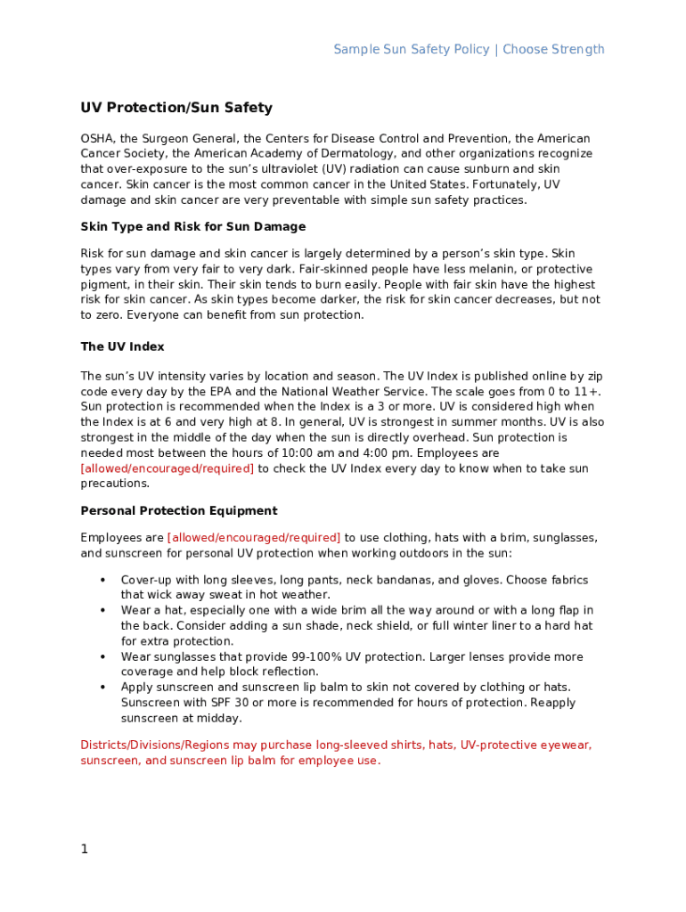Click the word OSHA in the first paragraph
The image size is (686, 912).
pyautogui.click(x=97, y=139)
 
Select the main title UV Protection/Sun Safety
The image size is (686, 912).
pyautogui.click(x=176, y=108)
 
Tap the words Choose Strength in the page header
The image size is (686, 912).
pyautogui.click(x=553, y=50)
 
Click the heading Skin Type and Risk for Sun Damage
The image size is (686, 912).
pyautogui.click(x=193, y=227)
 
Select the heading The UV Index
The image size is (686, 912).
pyautogui.click(x=122, y=346)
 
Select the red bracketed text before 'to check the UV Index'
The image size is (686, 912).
pyautogui.click(x=167, y=468)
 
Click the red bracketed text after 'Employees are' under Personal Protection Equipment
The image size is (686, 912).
pyautogui.click(x=254, y=538)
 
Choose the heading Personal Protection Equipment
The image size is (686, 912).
pyautogui.click(x=179, y=511)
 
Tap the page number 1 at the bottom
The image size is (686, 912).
pyautogui.click(x=85, y=850)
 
